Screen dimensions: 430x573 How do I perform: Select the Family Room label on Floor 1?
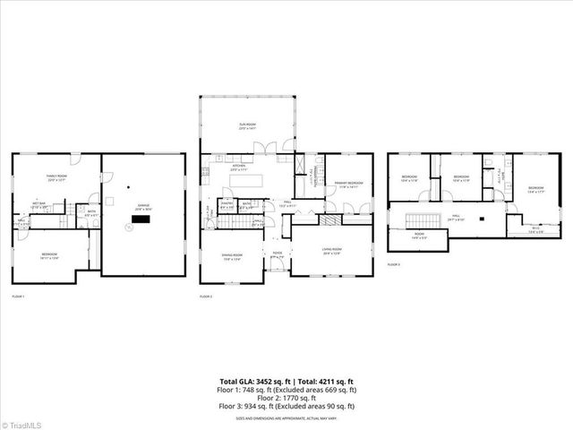click(58, 177)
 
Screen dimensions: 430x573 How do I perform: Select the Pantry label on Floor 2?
click(227, 203)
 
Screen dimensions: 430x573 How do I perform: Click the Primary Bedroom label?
click(347, 185)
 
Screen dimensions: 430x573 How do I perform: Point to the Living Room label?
click(332, 251)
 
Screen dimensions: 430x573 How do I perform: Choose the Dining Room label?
click(234, 255)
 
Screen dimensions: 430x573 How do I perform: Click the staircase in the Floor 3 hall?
click(418, 219)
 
